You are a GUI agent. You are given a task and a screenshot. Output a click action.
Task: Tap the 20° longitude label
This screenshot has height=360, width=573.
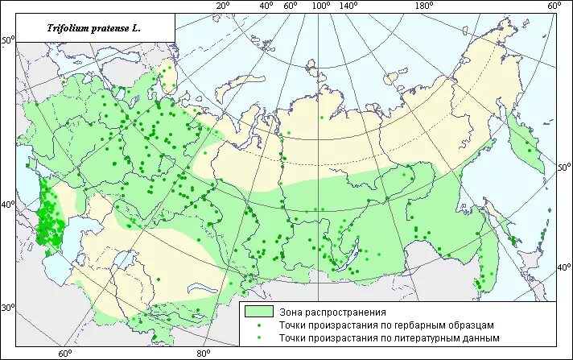pyautogui.click(x=222, y=6)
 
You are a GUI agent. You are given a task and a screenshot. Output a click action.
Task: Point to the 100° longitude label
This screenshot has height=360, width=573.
pyautogui.click(x=321, y=6)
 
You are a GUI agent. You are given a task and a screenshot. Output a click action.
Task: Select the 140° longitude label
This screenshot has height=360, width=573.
pyautogui.click(x=348, y=6)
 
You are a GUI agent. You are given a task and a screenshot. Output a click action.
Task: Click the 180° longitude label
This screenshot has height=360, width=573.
pyautogui.click(x=424, y=6)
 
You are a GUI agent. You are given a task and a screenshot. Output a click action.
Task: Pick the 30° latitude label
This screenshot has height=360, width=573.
pyautogui.click(x=7, y=308)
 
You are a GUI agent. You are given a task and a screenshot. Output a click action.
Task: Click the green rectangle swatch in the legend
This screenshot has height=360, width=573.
pyautogui.click(x=259, y=311)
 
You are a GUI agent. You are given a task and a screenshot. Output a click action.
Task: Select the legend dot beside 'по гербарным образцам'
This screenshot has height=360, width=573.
pyautogui.click(x=259, y=325)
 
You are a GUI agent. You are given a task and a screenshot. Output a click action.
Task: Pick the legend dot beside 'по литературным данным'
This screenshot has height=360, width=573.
pyautogui.click(x=259, y=338)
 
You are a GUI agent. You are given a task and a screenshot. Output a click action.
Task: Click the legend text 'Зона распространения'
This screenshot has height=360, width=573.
pyautogui.click(x=333, y=311)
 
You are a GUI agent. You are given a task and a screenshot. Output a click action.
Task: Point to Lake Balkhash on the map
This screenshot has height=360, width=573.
pyautogui.click(x=203, y=287)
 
